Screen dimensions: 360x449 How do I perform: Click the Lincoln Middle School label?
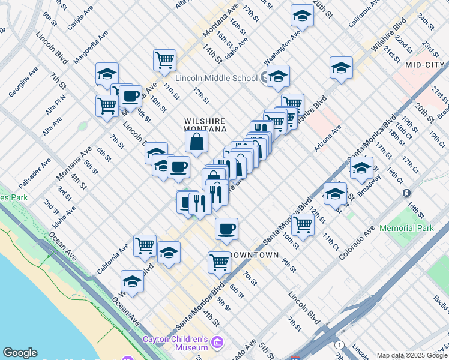tap(216, 78)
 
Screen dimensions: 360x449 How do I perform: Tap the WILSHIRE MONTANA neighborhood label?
tap(205, 125)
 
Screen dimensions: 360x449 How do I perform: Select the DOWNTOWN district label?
tap(255, 255)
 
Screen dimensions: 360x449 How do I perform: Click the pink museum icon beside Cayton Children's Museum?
tap(217, 343)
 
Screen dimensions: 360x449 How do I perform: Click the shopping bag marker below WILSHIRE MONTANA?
tap(196, 142)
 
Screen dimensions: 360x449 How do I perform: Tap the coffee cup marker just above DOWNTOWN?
tap(226, 229)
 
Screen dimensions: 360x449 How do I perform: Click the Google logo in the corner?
tap(20, 353)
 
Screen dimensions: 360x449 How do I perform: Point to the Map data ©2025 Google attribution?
tap(411, 355)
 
